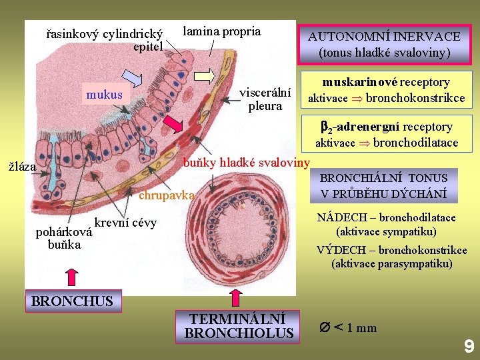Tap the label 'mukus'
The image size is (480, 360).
tap(105, 95)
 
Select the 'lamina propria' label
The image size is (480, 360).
tap(222, 31)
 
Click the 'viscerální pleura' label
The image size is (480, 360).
tap(265, 99)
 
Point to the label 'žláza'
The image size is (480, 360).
tap(22, 167)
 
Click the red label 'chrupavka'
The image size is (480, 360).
tap(166, 195)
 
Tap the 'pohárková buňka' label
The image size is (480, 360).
tap(64, 239)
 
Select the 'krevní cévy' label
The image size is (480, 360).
tap(125, 223)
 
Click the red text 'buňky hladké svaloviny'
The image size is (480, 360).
tap(246, 162)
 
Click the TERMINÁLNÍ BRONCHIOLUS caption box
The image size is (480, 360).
tap(239, 326)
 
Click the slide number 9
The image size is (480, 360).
tap(469, 346)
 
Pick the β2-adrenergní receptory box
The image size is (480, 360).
tap(386, 133)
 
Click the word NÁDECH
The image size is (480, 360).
tap(335, 217)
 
